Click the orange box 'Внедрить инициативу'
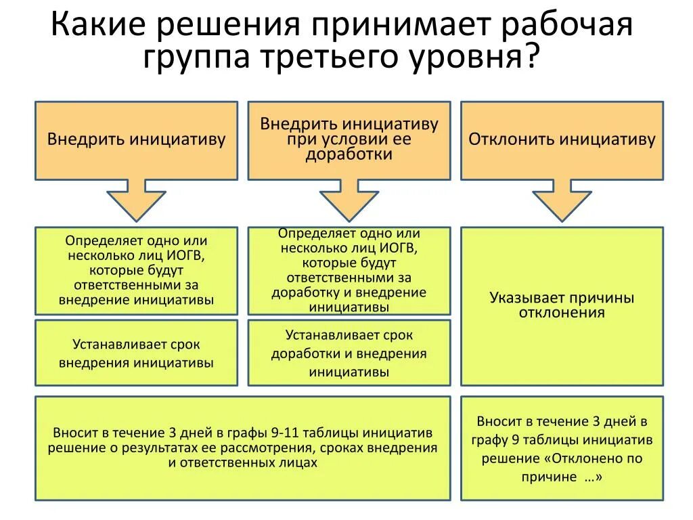[136, 140]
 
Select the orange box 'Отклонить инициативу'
[562, 140]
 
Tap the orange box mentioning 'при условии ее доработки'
[349, 140]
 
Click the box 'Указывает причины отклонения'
[562, 306]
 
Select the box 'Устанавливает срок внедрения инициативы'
[136, 353]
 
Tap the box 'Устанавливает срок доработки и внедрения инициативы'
[349, 353]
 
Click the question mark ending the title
[532, 57]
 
